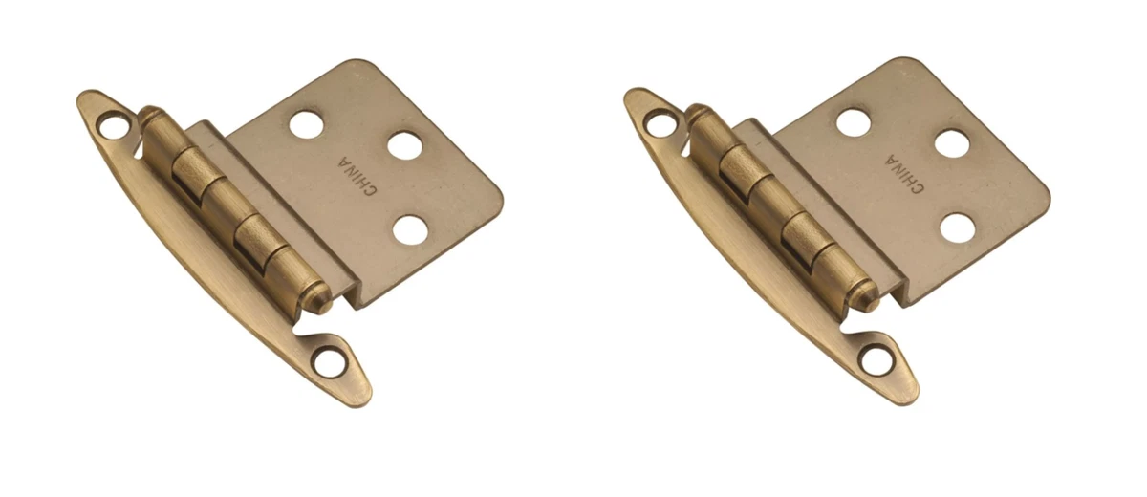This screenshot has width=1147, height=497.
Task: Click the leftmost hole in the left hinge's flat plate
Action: click(x=307, y=123)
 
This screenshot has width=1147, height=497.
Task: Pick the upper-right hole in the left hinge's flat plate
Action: click(x=405, y=144)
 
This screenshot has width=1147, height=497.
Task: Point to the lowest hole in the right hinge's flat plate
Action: click(x=955, y=228)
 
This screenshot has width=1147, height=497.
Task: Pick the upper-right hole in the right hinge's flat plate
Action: click(x=951, y=143)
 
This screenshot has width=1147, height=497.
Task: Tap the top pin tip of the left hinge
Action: click(x=146, y=116)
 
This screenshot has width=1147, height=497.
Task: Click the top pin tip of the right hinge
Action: click(x=693, y=114)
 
